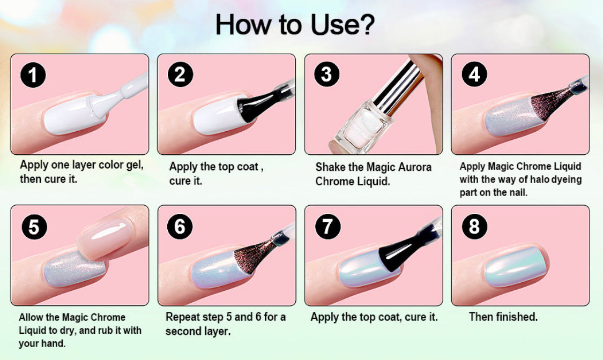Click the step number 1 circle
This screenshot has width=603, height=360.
click(x=33, y=74)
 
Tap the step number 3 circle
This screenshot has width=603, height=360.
click(x=327, y=74)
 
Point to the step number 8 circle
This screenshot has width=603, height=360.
click(x=474, y=226)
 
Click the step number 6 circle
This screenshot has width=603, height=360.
click(x=180, y=226)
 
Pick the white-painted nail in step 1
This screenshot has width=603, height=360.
click(x=76, y=115)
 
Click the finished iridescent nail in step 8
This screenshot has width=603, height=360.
click(x=515, y=266)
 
